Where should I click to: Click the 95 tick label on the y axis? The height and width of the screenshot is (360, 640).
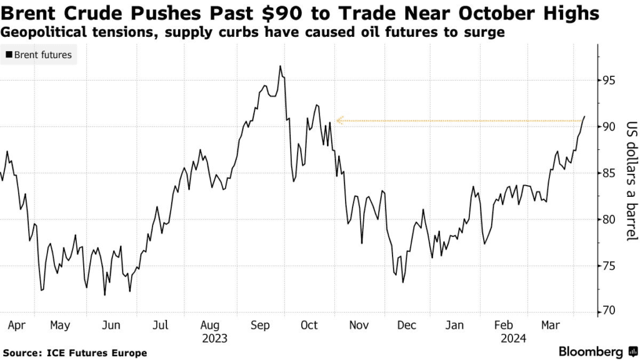tap(611, 80)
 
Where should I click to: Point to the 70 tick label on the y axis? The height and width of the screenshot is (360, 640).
tap(611, 311)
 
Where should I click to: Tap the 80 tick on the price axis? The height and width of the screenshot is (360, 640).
tap(611, 219)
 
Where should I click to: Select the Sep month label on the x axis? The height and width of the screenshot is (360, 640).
tap(259, 325)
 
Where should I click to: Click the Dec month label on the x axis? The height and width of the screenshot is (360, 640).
tap(407, 325)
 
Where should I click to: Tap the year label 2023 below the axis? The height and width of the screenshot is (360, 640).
tap(214, 338)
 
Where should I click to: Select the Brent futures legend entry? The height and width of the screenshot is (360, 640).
tap(39, 55)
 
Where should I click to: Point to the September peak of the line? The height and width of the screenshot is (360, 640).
tap(280, 66)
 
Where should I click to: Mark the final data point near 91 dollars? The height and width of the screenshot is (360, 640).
tap(584, 116)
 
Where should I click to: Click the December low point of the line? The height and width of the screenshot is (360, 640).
tap(403, 282)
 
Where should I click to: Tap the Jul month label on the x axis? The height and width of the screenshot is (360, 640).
tap(160, 325)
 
